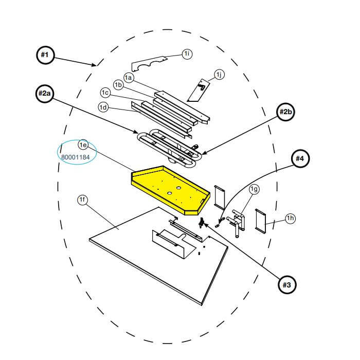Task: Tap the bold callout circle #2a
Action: click(x=45, y=94)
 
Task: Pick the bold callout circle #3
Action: click(x=286, y=283)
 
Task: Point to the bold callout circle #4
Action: click(x=299, y=159)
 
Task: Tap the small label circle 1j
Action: click(x=220, y=75)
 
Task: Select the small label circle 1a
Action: click(x=129, y=78)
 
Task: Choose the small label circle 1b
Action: click(x=118, y=84)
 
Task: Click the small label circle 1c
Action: click(x=106, y=93)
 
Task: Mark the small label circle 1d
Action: click(x=103, y=107)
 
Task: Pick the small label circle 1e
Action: click(x=83, y=146)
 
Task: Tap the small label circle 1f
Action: click(x=82, y=200)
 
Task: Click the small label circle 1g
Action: click(x=254, y=189)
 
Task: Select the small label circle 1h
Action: click(x=291, y=219)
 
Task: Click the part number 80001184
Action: click(x=75, y=157)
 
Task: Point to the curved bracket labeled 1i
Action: click(x=150, y=64)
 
